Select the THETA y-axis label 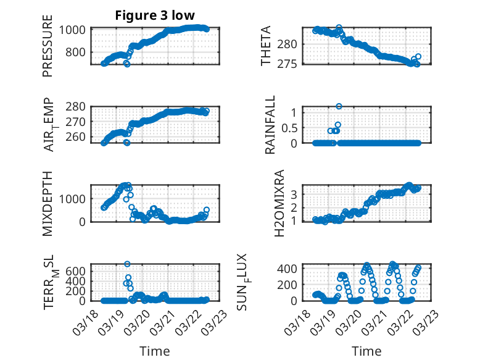(x=266, y=46)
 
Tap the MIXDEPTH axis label (x=48, y=203)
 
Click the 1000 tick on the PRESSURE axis (x=75, y=30)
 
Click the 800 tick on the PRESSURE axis (x=79, y=52)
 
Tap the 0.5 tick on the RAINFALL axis (x=289, y=128)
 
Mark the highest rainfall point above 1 (x=339, y=106)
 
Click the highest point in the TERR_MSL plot (x=127, y=264)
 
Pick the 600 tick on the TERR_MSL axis (x=79, y=271)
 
